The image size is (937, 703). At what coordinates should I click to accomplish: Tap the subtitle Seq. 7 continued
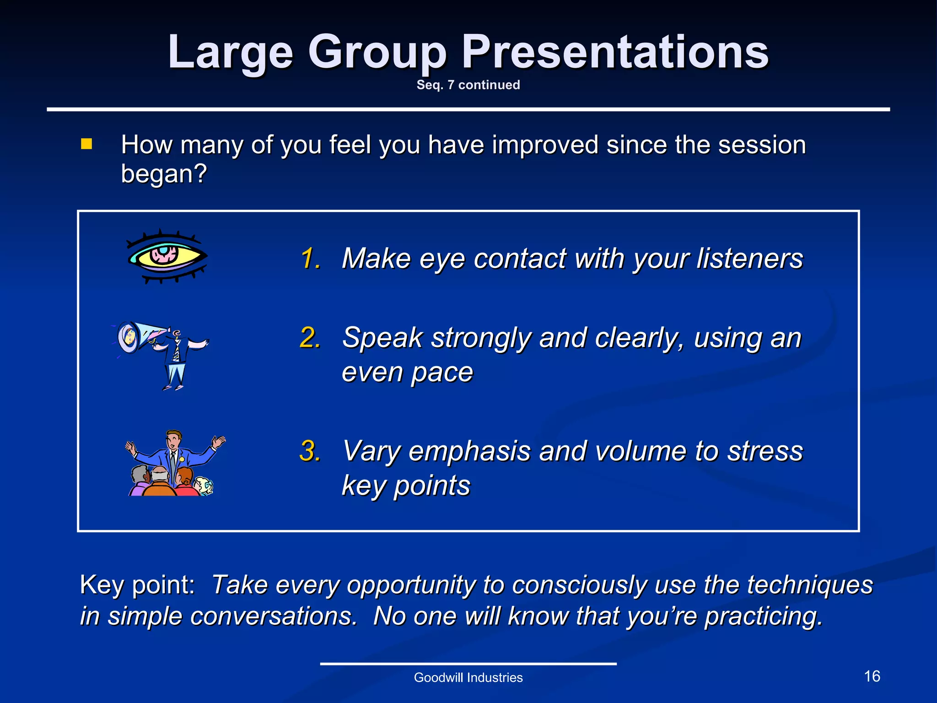[x=468, y=85]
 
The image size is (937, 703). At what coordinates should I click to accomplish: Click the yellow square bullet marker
[x=86, y=145]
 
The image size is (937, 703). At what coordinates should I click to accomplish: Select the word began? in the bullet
[x=164, y=174]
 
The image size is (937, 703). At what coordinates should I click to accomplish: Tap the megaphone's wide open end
[x=128, y=338]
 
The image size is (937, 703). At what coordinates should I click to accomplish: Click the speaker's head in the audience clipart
[x=173, y=439]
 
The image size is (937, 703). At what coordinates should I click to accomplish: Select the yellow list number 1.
[x=311, y=259]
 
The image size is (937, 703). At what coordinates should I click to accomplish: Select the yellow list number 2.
[x=311, y=338]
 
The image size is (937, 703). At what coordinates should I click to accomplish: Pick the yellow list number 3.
[x=311, y=451]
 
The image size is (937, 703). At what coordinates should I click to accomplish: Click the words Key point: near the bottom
[x=137, y=585]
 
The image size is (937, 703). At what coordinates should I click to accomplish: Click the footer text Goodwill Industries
[x=468, y=678]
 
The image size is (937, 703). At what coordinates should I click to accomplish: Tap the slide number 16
[x=872, y=676]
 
